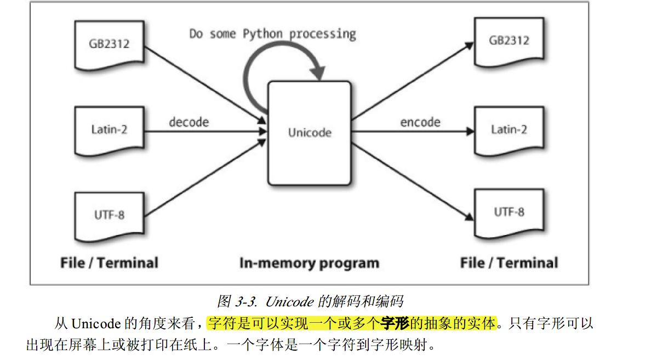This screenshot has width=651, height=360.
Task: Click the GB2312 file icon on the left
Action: tap(109, 45)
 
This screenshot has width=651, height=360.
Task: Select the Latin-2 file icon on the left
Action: tap(109, 130)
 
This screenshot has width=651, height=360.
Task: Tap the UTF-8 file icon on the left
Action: tap(109, 214)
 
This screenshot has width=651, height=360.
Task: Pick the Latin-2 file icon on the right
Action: tap(509, 130)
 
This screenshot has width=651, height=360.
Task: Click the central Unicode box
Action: tap(309, 133)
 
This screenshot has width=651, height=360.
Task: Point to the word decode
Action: tap(189, 122)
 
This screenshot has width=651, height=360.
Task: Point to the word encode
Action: tap(420, 122)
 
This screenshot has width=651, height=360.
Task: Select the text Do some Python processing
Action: tap(272, 34)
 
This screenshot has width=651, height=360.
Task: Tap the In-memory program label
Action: tap(309, 263)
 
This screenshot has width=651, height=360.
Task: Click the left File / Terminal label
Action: tap(109, 263)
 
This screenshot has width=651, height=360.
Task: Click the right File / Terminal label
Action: tap(509, 263)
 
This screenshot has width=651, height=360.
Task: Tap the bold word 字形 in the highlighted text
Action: tap(395, 323)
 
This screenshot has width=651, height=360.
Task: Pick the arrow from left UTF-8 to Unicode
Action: tap(203, 178)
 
